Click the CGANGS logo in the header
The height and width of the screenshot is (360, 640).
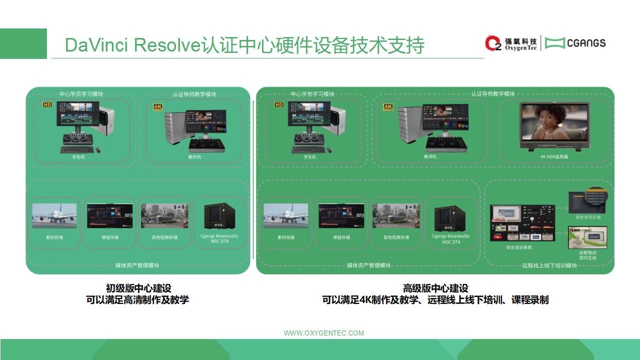pos(575,43)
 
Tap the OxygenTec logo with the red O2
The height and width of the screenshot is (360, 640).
pos(510,43)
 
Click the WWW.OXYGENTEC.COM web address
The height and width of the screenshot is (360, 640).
pos(324,333)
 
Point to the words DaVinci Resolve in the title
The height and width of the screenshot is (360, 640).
pos(132,45)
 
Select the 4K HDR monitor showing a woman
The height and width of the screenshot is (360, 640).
pos(554,125)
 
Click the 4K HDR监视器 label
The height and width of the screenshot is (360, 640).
pos(554,156)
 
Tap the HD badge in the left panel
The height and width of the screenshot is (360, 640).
pos(47,105)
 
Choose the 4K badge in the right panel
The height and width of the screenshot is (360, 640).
pos(388,106)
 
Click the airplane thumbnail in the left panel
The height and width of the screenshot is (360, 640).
pos(54,215)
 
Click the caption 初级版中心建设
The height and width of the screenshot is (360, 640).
pos(138,288)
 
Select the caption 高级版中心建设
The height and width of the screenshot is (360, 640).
pos(435,288)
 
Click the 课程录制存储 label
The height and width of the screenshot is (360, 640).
pos(588,217)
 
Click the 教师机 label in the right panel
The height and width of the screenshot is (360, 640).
pos(430,156)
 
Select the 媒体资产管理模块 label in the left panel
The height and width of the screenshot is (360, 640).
pos(137,265)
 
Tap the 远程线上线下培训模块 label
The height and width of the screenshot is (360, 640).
pos(549,265)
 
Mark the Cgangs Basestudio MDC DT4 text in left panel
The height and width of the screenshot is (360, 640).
pos(219,239)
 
